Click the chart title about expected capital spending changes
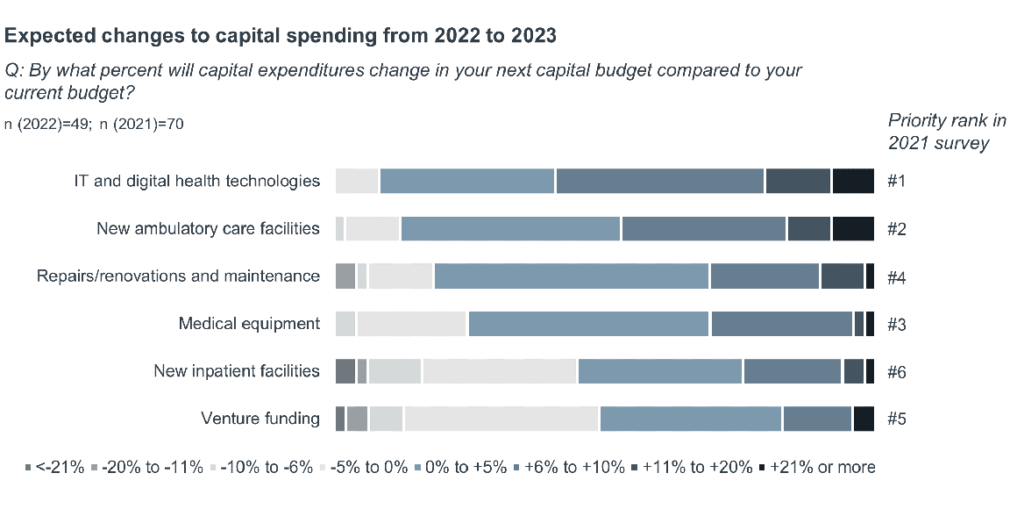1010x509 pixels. coord(281,36)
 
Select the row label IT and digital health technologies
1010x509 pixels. coord(196,181)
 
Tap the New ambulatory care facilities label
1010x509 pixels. coord(208,228)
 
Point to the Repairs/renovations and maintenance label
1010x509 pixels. coord(178,276)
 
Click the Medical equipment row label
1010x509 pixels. coord(249,323)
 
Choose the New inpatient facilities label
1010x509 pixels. coord(236,370)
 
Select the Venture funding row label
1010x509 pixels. coord(260,418)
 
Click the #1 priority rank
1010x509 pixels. coord(896,181)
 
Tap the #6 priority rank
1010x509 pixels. coord(896,371)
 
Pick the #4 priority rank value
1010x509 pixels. coord(896,276)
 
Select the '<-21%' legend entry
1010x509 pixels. coord(54,467)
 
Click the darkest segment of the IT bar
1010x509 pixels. coord(853,181)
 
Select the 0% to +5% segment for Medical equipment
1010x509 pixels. coord(588,324)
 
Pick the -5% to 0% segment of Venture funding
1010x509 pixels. coord(501,419)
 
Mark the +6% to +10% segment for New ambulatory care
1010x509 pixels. coord(704,228)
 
